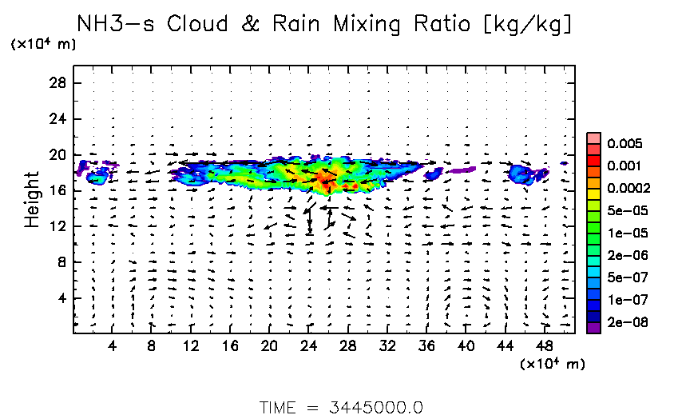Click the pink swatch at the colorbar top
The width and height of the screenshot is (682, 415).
tap(593, 138)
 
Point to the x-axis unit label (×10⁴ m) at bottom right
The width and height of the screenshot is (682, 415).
tap(553, 364)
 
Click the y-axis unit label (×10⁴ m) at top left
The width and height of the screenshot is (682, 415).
tap(43, 45)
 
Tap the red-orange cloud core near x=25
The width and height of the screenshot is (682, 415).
tap(323, 178)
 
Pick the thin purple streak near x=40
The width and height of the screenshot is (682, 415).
tap(461, 170)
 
